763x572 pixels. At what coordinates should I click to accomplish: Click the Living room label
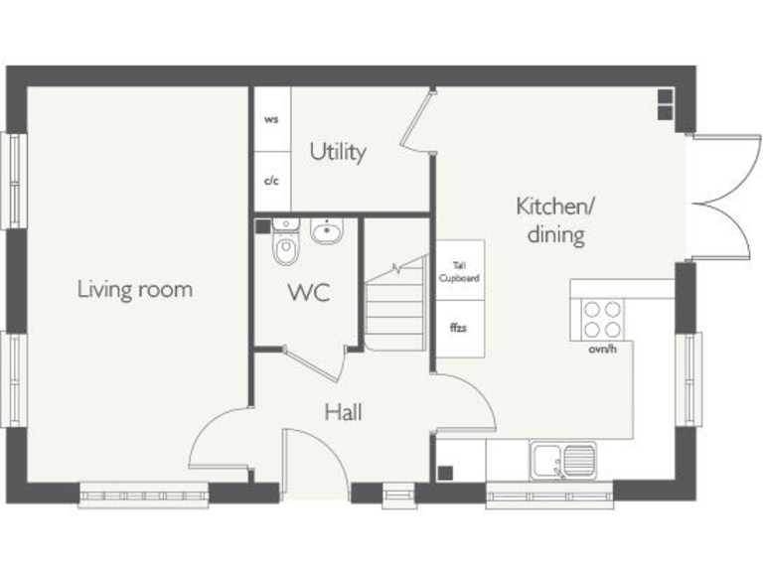tap(135, 290)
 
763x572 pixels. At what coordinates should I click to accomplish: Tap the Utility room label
tap(338, 152)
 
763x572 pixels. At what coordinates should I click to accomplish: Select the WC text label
tap(309, 294)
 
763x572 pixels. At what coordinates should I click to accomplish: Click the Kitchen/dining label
tap(554, 220)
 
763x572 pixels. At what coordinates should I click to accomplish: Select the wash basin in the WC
tap(327, 232)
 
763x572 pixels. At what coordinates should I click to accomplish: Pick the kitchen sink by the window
tap(561, 461)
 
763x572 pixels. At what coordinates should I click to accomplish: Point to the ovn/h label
tap(602, 350)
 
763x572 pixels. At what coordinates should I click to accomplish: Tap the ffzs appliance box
tap(460, 328)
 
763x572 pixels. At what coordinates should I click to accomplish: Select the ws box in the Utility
tap(271, 119)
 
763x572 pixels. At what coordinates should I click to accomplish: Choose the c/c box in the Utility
tap(271, 181)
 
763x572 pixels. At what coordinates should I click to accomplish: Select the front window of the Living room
tap(144, 495)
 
